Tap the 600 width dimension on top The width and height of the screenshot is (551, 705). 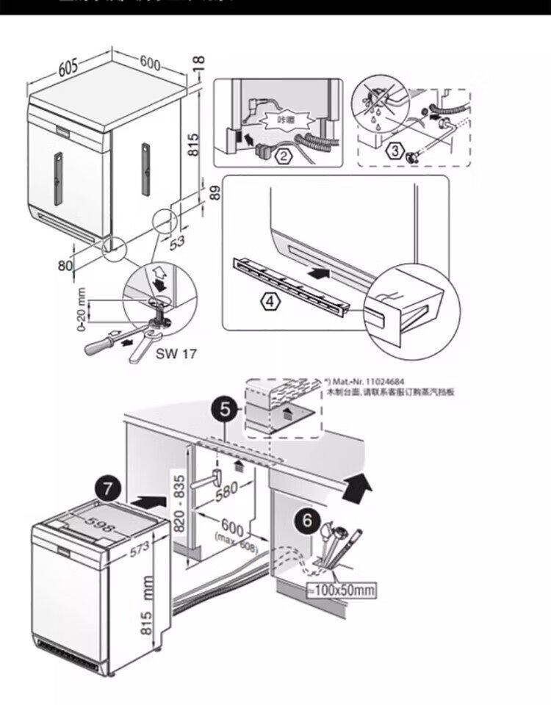point(149,63)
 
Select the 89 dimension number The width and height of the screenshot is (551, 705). point(215,193)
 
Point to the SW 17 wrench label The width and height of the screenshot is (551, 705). point(177,352)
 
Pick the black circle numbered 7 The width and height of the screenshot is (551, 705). point(109,488)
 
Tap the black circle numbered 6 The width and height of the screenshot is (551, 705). point(309,523)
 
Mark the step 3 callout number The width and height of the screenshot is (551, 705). point(395,152)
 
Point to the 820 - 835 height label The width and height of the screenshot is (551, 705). point(179,503)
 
